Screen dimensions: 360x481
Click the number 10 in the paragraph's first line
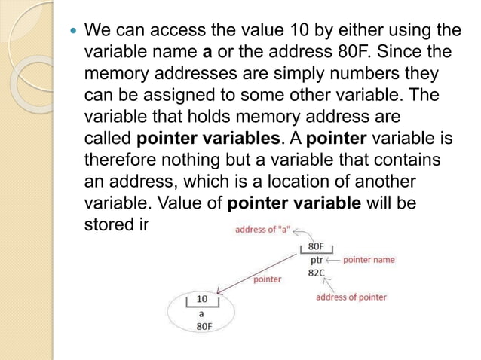click(300, 32)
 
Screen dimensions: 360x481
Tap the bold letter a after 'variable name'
click(207, 53)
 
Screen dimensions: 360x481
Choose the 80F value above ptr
click(317, 246)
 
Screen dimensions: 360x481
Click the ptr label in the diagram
click(317, 259)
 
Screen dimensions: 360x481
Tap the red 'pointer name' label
click(369, 260)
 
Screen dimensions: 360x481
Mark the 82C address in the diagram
click(317, 273)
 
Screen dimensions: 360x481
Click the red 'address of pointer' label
click(351, 297)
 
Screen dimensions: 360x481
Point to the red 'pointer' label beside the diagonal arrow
click(267, 279)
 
